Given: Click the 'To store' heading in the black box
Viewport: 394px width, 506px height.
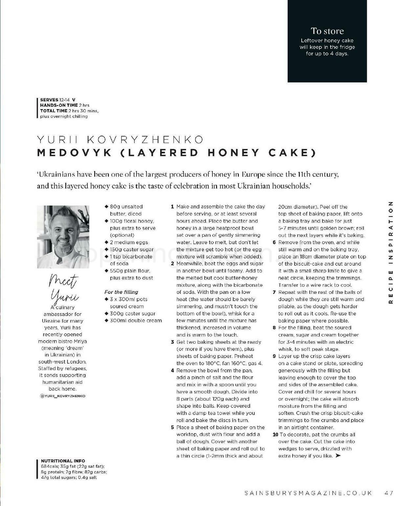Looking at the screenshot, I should (x=327, y=31).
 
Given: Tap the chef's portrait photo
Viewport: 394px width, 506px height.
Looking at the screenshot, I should (x=63, y=237).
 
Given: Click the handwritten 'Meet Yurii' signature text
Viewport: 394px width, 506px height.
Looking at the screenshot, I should (x=64, y=288).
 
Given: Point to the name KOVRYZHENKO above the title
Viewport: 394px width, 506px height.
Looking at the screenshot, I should (x=145, y=140).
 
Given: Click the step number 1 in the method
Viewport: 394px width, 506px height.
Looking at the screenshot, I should (x=172, y=207).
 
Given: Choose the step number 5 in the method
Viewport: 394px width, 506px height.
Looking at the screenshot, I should (x=172, y=428).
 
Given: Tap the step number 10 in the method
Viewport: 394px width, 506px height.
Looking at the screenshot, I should (x=275, y=435).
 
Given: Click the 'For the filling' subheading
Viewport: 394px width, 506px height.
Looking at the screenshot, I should (x=121, y=292).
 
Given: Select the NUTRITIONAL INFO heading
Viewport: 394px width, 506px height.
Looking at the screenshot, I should (x=63, y=461).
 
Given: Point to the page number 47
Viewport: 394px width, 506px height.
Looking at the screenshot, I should (x=389, y=493).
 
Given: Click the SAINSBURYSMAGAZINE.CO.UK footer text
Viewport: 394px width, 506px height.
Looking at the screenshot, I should (x=308, y=493).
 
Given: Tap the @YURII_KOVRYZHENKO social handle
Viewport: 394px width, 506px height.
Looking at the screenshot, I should (x=62, y=396).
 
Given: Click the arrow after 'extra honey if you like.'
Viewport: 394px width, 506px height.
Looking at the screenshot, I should (x=338, y=456).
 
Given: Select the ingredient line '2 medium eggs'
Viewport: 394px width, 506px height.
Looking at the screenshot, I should (x=129, y=242).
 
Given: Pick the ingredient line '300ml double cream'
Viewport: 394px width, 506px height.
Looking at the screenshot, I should (x=136, y=320).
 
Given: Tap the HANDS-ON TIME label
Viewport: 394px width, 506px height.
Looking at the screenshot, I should (x=59, y=105).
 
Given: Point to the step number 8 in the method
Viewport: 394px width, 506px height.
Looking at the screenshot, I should (x=274, y=328).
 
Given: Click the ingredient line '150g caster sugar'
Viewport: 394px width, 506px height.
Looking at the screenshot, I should (x=132, y=250).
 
